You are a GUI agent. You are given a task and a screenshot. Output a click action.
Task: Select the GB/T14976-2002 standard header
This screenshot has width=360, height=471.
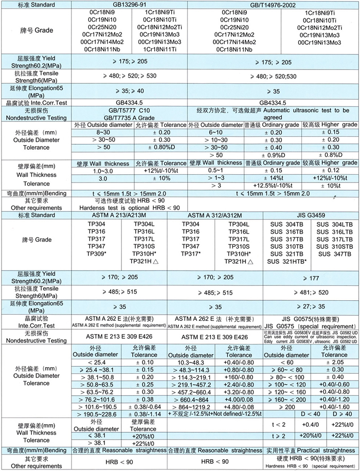[270, 4]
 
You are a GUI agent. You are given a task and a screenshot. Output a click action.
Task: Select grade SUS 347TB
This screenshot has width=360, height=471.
[335, 255]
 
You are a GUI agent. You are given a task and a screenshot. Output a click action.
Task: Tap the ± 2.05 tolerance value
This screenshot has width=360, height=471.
[334, 363]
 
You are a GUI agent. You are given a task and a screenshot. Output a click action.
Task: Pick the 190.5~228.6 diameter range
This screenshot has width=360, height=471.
[101, 413]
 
